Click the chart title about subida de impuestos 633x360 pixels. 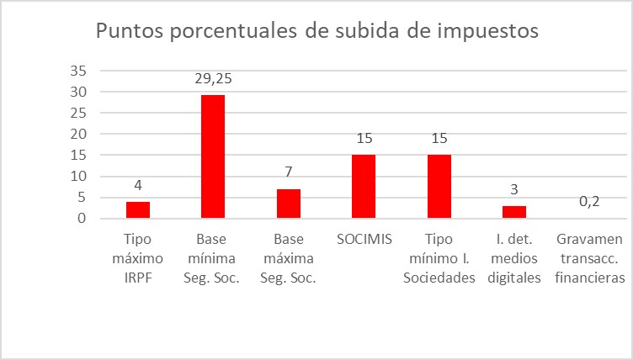point(316,32)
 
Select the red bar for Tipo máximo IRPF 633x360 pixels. point(137,209)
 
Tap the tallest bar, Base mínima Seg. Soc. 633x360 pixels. point(212,156)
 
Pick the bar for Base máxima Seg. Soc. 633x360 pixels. point(288,204)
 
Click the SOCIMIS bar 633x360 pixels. point(363,187)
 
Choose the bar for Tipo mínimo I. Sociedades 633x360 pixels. point(439,187)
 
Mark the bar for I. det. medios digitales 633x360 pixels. point(513,212)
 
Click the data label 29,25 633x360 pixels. point(212,79)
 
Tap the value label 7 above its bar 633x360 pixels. point(288,173)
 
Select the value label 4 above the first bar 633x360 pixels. point(137,186)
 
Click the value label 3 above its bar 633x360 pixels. point(513,190)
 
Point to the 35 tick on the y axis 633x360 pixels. point(80,71)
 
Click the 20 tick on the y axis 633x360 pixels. point(80,134)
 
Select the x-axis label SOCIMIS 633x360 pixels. point(363,239)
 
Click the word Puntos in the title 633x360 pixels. point(130,32)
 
